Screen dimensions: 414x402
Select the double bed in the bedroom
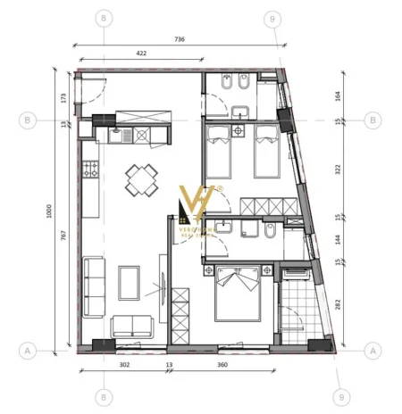pyautogui.click(x=237, y=294)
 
